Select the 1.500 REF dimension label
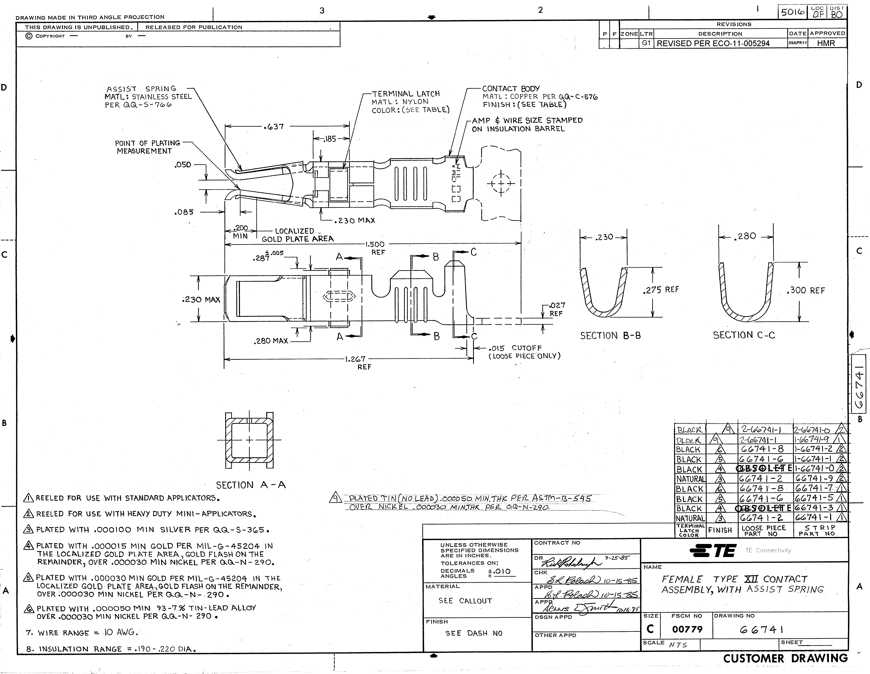(x=375, y=248)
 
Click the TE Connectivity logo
(x=713, y=551)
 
